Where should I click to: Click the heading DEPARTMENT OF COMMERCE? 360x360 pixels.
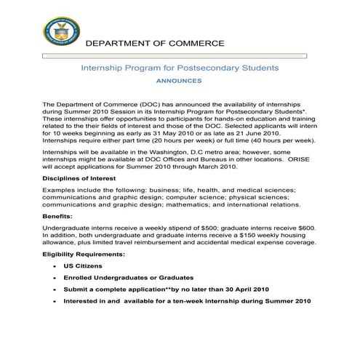[x=155, y=44]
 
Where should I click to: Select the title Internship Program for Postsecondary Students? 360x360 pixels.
[x=179, y=68]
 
